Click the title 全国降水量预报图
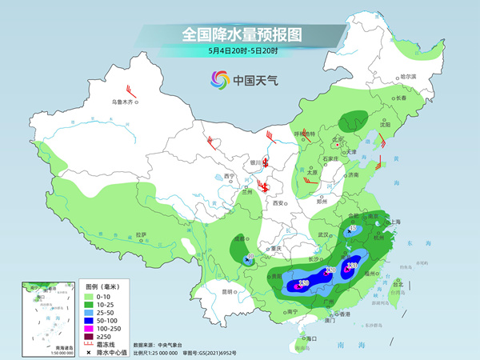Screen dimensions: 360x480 (x=242, y=34)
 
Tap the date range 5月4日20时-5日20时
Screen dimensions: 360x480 (x=242, y=52)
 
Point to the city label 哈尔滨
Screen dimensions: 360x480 (x=408, y=77)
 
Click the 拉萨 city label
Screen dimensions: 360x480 (x=141, y=234)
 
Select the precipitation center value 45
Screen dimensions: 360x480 (x=352, y=229)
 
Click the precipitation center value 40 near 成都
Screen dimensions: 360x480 (x=250, y=256)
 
